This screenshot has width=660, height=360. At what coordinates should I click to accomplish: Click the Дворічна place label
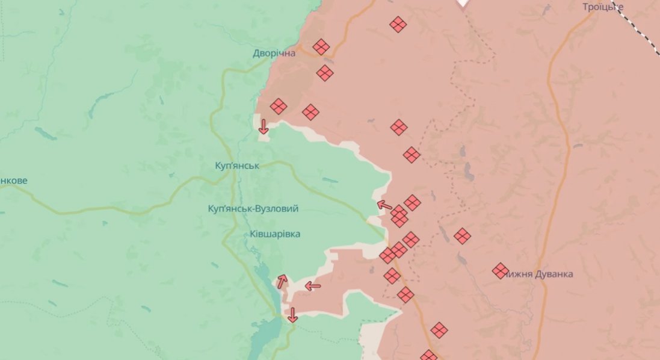coord(274,54)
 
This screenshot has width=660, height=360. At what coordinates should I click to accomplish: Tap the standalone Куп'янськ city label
coord(237,166)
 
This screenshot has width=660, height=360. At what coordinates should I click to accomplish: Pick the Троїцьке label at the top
coord(602,7)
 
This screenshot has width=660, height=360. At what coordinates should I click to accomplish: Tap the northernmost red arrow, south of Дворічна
coord(263,126)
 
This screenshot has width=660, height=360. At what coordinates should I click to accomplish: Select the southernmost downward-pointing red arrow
coord(292,314)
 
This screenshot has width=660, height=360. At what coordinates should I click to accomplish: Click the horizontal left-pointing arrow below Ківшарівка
coord(313,286)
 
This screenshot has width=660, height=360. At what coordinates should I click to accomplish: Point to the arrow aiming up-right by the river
coord(282,281)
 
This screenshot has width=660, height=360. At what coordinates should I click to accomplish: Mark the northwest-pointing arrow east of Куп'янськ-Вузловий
coord(384,205)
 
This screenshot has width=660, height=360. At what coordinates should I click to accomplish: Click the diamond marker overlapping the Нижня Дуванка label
coord(500,271)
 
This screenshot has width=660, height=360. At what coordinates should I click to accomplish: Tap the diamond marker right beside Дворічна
coord(321,47)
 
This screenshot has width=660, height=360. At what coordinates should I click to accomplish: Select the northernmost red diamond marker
coord(398,24)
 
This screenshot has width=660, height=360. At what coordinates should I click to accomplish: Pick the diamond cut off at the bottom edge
coord(428,356)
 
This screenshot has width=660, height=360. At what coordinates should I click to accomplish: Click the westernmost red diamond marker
coord(278,107)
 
